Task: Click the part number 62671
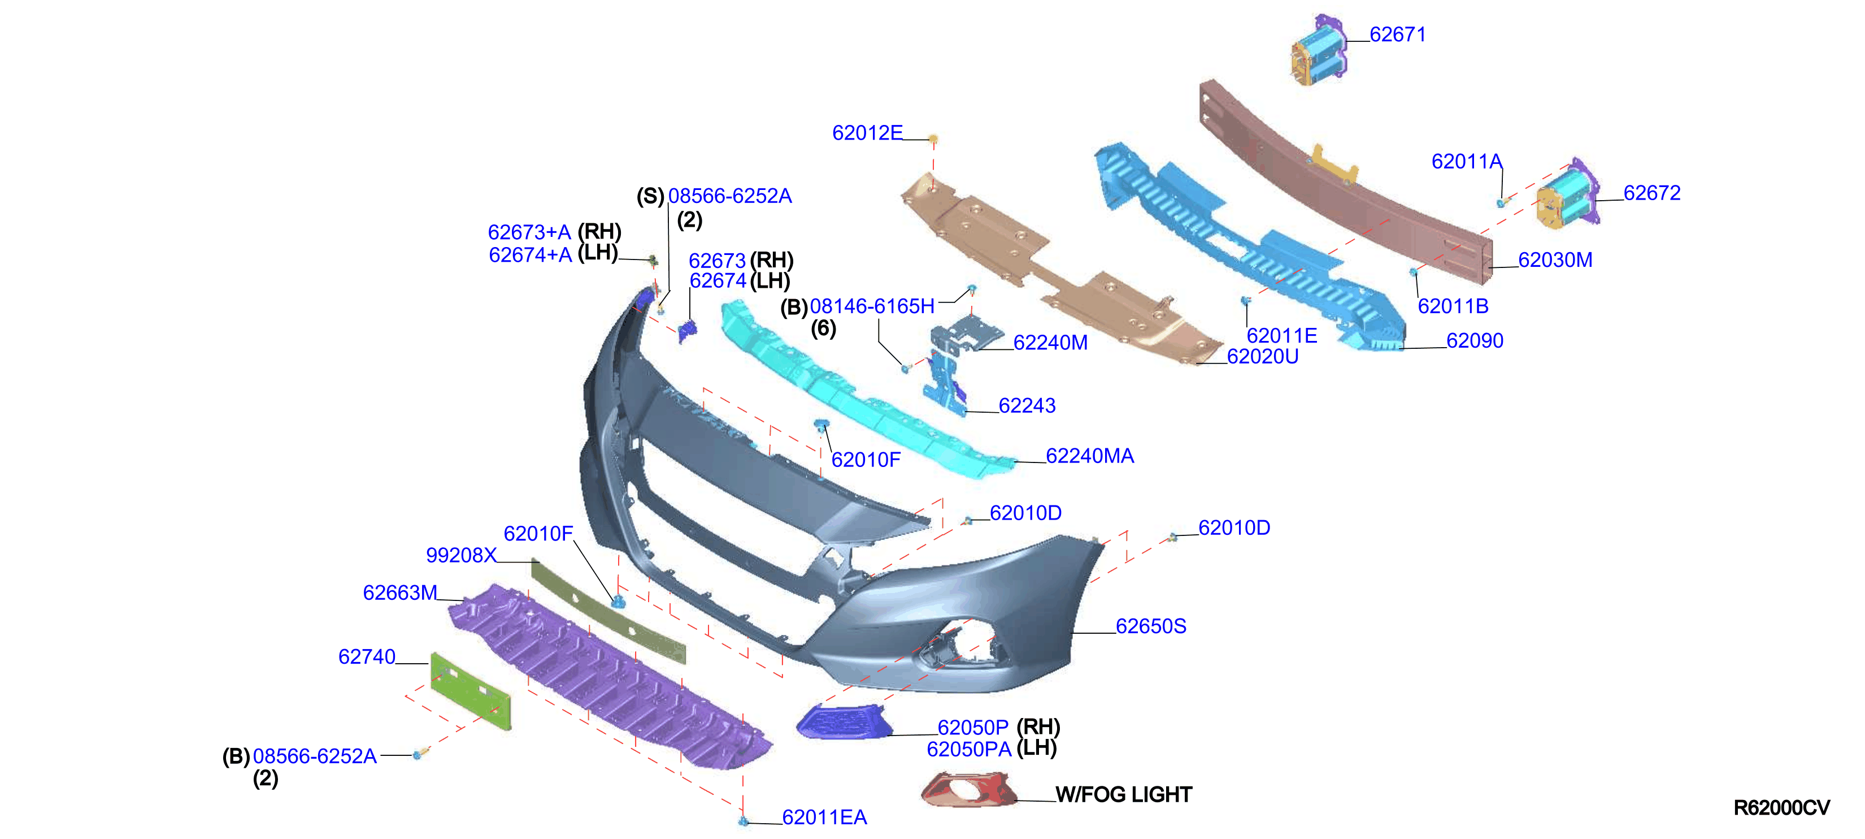1397,35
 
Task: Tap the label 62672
1651,193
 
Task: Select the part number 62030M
1555,260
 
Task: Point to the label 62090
1475,340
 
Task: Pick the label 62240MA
1090,456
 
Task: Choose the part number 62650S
1151,625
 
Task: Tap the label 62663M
401,593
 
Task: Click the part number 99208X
461,555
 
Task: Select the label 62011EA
825,818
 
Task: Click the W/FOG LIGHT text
1124,795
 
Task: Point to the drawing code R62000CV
1782,808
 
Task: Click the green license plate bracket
471,690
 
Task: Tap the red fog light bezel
969,789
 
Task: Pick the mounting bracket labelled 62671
1319,49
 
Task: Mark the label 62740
367,656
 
